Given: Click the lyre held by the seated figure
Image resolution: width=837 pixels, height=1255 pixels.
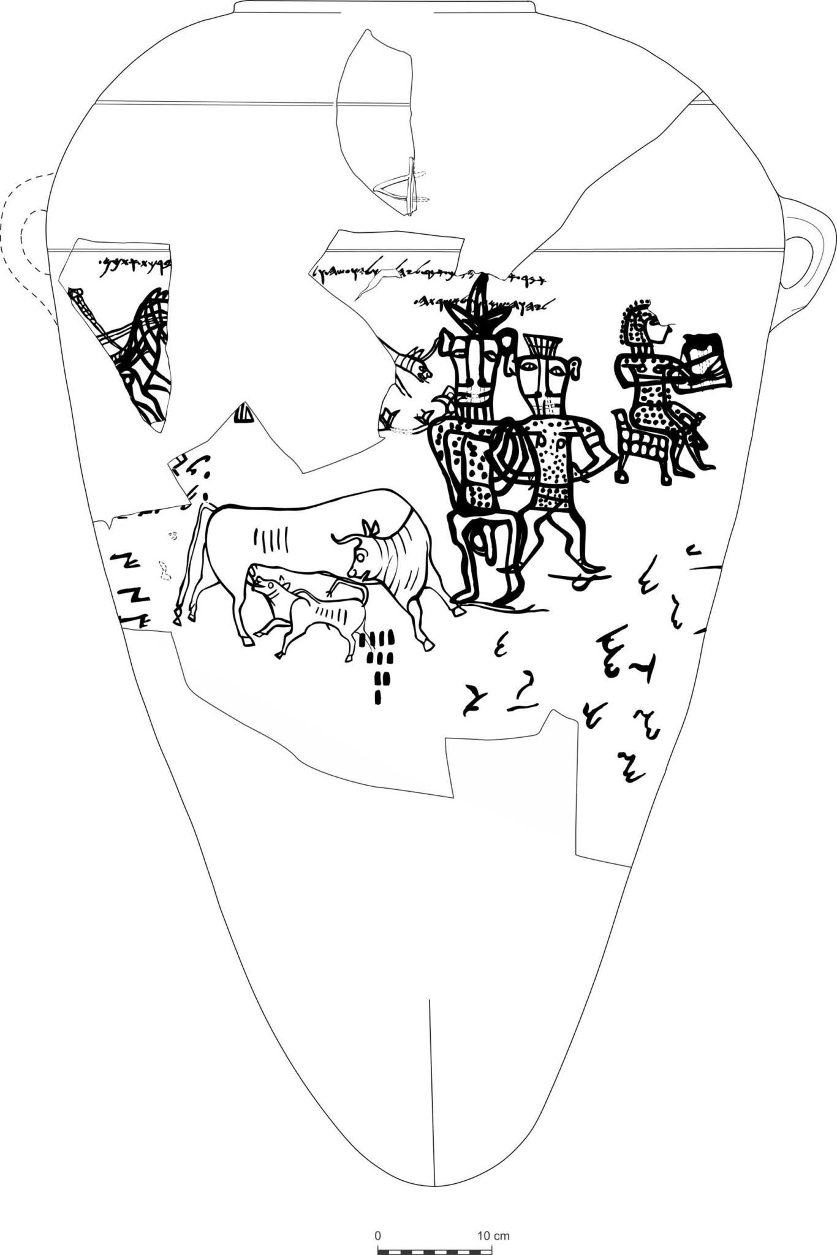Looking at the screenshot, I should [705, 362].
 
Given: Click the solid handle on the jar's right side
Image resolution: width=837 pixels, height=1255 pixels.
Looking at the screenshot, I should [809, 257].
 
